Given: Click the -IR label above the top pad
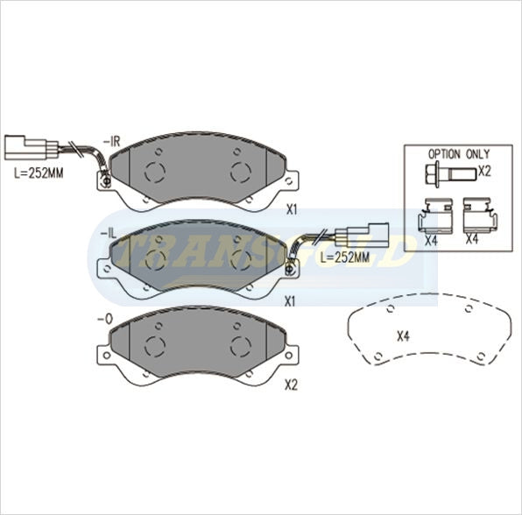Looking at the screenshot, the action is tap(111, 142).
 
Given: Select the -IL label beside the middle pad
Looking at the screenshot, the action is tap(109, 234).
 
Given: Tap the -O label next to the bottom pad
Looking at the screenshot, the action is tap(105, 320).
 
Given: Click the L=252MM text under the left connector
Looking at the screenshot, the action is tap(39, 173).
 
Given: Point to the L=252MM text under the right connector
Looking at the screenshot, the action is tap(345, 257).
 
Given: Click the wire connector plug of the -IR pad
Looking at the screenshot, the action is tap(32, 148).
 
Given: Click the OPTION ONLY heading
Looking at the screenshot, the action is tap(459, 154).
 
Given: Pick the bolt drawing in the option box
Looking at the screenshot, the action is tap(451, 173).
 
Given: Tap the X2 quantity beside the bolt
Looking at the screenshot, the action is tap(484, 172).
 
